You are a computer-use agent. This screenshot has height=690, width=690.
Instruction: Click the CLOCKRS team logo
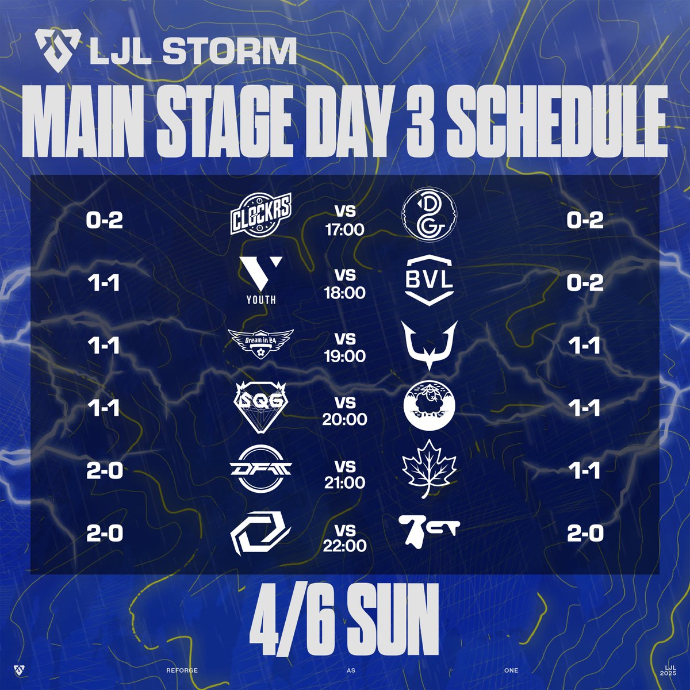tap(260, 214)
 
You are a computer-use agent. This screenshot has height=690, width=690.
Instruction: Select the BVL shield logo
tap(430, 280)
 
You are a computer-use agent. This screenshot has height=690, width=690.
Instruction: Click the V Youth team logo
tap(261, 281)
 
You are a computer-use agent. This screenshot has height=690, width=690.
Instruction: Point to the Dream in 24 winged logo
tap(261, 343)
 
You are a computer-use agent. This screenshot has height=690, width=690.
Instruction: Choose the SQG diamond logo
tap(260, 407)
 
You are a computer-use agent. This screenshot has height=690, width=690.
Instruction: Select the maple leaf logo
tap(429, 469)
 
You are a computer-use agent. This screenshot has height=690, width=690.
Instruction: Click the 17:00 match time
tap(344, 229)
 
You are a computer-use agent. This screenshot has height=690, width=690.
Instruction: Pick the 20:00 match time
tap(344, 419)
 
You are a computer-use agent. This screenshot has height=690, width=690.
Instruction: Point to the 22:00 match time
tap(344, 546)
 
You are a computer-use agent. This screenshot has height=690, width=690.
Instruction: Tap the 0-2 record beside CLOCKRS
tap(104, 220)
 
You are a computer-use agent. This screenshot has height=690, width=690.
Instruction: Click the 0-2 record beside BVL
tap(585, 283)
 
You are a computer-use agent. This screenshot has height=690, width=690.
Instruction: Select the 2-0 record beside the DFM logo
tap(104, 470)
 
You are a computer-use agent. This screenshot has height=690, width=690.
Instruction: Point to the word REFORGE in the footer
tap(182, 670)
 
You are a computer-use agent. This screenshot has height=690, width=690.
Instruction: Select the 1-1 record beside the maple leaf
tap(585, 470)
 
